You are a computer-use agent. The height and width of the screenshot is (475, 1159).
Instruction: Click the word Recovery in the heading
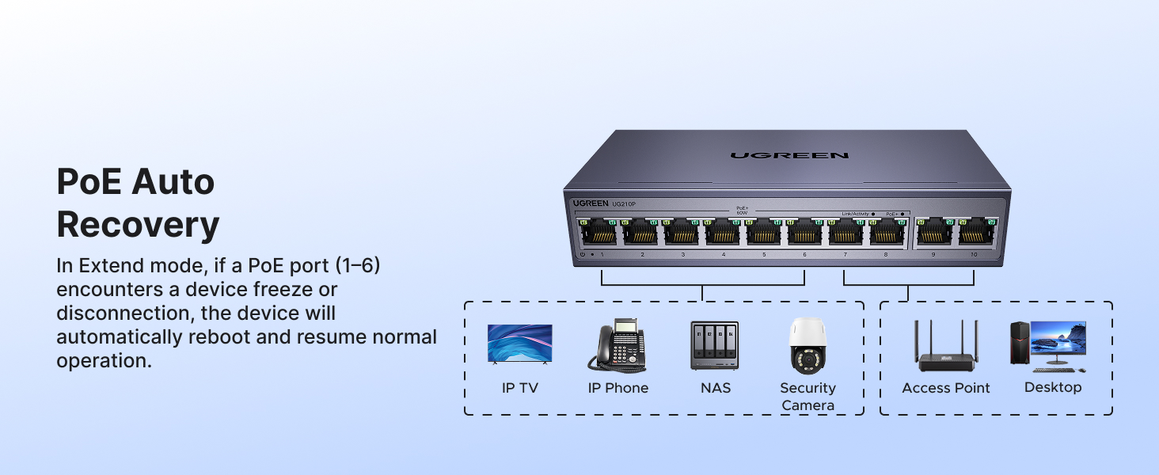138,225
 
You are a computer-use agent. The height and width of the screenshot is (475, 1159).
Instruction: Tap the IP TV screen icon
519,344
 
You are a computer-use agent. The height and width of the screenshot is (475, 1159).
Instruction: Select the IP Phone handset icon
616,345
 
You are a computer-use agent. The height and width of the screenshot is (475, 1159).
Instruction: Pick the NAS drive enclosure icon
714,345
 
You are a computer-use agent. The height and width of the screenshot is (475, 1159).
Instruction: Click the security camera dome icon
807,346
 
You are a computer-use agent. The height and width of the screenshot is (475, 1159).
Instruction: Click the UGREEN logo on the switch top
788,155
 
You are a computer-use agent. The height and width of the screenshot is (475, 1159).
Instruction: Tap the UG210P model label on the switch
623,204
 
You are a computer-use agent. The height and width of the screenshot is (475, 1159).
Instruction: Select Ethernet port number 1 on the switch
601,232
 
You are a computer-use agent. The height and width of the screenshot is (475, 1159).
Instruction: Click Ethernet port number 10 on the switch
977,233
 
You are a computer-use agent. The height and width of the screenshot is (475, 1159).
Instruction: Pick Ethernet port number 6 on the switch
805,232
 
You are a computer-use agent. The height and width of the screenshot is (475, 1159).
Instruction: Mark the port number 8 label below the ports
885,255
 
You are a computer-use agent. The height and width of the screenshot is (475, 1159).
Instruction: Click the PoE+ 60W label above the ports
742,211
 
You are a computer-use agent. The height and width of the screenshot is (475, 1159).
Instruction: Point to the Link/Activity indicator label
856,214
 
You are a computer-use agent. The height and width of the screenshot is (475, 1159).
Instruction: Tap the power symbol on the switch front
583,254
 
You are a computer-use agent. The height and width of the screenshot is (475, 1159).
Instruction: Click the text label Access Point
946,388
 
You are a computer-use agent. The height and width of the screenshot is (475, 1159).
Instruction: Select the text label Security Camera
807,397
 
